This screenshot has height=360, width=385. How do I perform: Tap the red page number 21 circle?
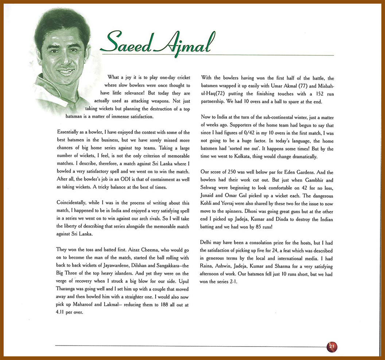pyautogui.click(x=332, y=346)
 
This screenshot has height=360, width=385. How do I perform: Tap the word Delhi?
pyautogui.click(x=207, y=243)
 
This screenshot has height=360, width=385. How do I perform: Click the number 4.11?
pyautogui.click(x=62, y=312)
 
